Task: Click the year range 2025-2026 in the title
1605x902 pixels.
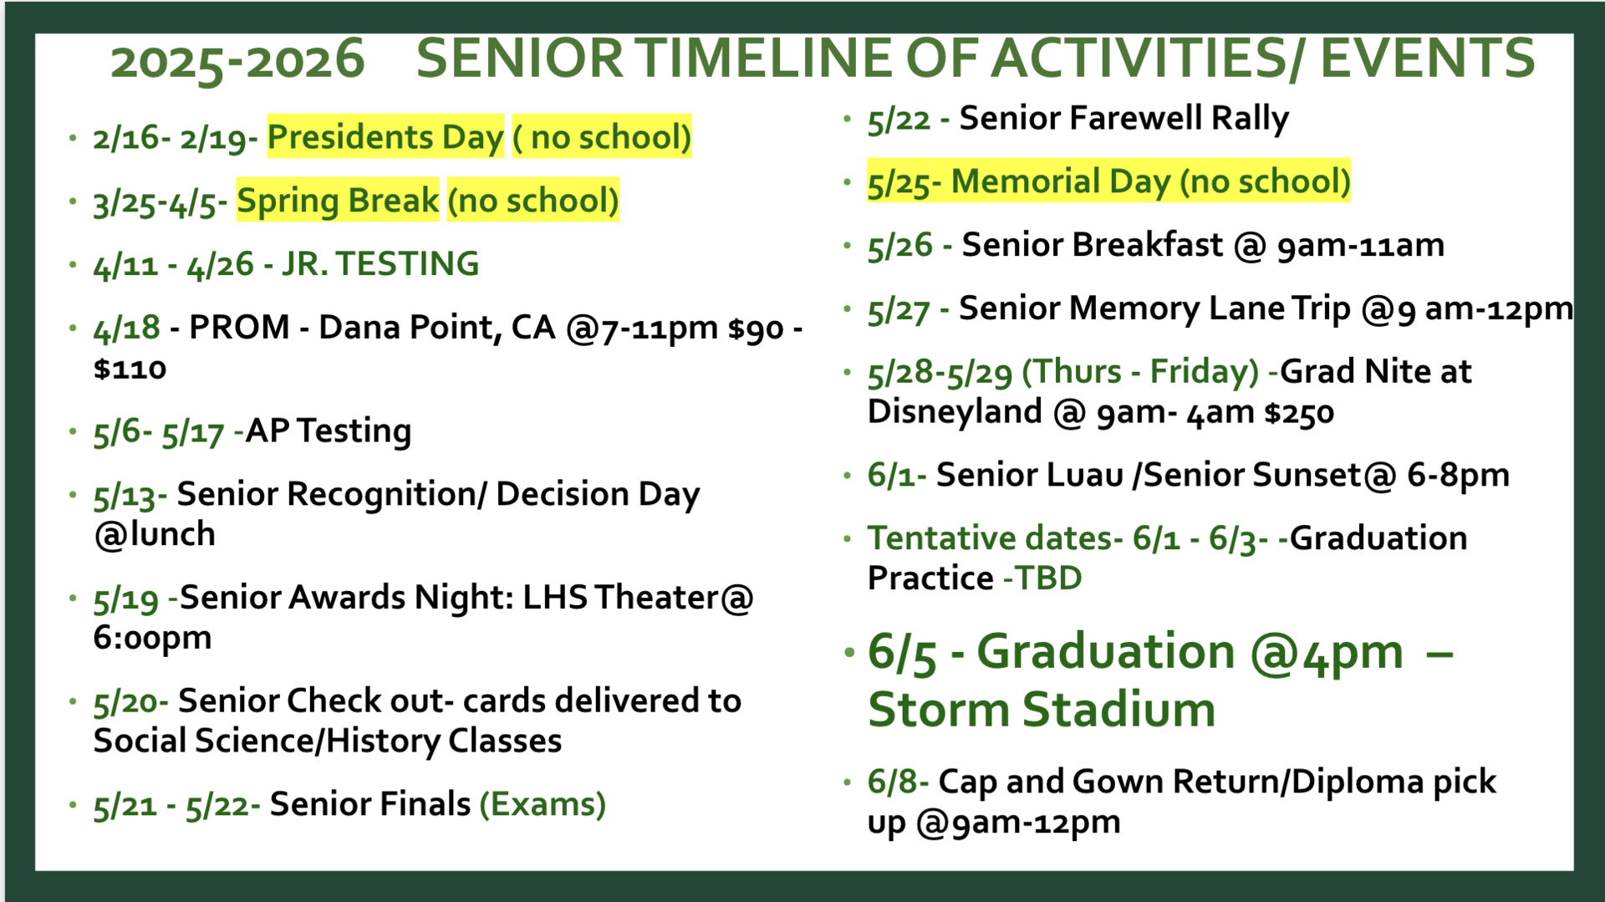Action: [x=237, y=61]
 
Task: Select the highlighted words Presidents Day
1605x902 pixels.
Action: [x=385, y=137]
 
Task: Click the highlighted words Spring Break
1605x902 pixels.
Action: [x=337, y=201]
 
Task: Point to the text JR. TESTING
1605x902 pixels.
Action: [x=380, y=264]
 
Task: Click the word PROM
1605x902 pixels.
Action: [x=239, y=327]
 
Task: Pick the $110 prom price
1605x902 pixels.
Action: [x=130, y=369]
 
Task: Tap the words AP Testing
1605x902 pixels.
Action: [x=329, y=431]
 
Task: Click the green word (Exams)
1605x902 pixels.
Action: [x=543, y=804]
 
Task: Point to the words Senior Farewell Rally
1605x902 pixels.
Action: [x=1123, y=119]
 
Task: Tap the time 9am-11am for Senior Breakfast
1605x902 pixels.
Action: [x=1360, y=246]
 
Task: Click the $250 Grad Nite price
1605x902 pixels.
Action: [x=1299, y=413]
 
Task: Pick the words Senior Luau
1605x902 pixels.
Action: [x=1029, y=476]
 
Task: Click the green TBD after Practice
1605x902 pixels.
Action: [x=1048, y=578]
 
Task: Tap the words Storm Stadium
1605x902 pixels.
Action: [x=1042, y=711]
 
